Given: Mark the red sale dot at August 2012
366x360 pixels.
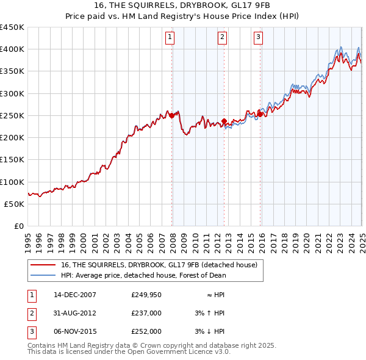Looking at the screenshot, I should click(224, 121).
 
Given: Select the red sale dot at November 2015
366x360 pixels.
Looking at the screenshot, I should click(260, 114).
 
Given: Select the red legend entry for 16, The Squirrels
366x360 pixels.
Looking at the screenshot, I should click(159, 265).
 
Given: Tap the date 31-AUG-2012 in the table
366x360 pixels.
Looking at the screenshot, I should click(74, 313).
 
